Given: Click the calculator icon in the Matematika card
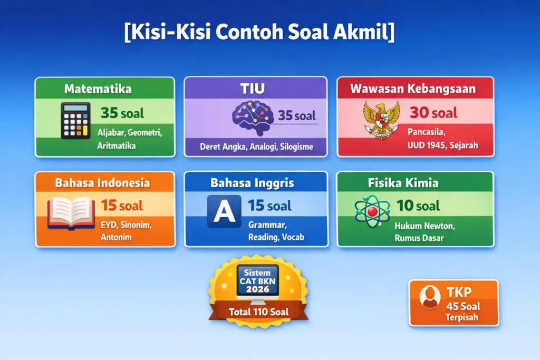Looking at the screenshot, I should [75, 121].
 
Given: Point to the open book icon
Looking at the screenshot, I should [71, 212].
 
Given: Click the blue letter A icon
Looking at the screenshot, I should [224, 211].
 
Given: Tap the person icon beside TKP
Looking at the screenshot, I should [430, 297].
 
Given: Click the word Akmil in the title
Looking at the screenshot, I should [364, 33].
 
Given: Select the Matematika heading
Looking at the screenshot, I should [98, 89].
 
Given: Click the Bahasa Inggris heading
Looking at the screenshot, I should [252, 183].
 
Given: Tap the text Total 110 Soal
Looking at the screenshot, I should [258, 312].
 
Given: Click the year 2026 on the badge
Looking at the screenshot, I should [258, 289].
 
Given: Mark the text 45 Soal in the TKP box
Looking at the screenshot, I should [464, 306].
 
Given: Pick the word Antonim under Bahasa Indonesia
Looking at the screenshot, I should [116, 237].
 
